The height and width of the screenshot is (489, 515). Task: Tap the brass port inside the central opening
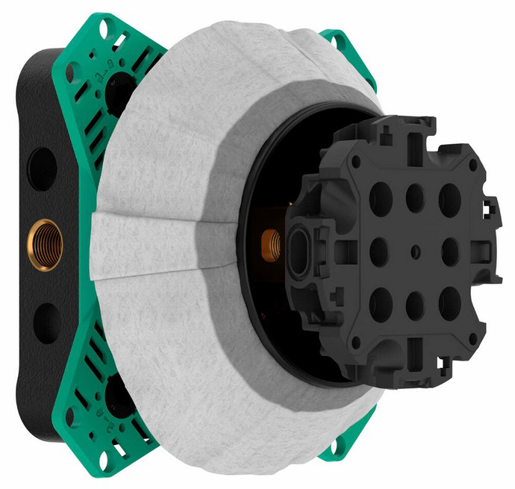click(272, 241)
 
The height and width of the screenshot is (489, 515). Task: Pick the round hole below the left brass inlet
click(46, 320)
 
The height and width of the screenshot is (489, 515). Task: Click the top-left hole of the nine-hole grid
click(381, 197)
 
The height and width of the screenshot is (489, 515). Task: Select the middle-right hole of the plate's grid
click(450, 252)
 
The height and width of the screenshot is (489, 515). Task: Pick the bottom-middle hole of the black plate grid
click(415, 305)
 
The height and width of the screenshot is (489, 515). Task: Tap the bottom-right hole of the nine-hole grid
click(449, 305)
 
